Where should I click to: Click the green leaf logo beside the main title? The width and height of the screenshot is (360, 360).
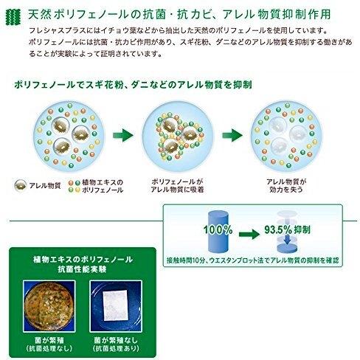click(x=13, y=17)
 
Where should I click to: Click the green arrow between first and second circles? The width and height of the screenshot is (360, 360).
click(x=123, y=135)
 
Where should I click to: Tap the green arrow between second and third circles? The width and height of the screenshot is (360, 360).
click(x=232, y=135)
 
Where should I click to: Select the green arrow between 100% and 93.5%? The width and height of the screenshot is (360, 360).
click(x=249, y=234)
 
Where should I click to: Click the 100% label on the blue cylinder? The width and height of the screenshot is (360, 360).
click(x=218, y=230)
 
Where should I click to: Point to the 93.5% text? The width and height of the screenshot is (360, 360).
click(x=278, y=230)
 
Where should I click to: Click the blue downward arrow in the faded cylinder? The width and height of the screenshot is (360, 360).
click(x=287, y=239)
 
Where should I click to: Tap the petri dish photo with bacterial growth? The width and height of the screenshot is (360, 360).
click(x=49, y=306)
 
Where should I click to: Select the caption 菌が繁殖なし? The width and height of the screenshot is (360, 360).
click(x=116, y=340)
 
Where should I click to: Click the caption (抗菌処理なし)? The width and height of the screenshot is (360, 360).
click(x=49, y=348)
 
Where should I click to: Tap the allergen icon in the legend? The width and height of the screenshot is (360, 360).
click(x=21, y=185)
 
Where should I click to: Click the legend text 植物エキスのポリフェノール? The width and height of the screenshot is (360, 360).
click(x=103, y=186)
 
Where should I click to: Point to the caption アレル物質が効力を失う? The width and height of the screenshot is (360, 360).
click(x=286, y=186)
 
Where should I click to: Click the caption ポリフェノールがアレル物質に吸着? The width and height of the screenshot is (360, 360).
click(x=177, y=186)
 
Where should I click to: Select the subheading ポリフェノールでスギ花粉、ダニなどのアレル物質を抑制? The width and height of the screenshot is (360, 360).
click(x=133, y=85)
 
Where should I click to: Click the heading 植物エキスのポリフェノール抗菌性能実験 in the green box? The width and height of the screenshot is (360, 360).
click(x=83, y=264)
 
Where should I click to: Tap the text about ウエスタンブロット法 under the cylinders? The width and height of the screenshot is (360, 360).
click(x=253, y=260)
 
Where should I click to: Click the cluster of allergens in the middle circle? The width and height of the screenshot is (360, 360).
click(x=180, y=136)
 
